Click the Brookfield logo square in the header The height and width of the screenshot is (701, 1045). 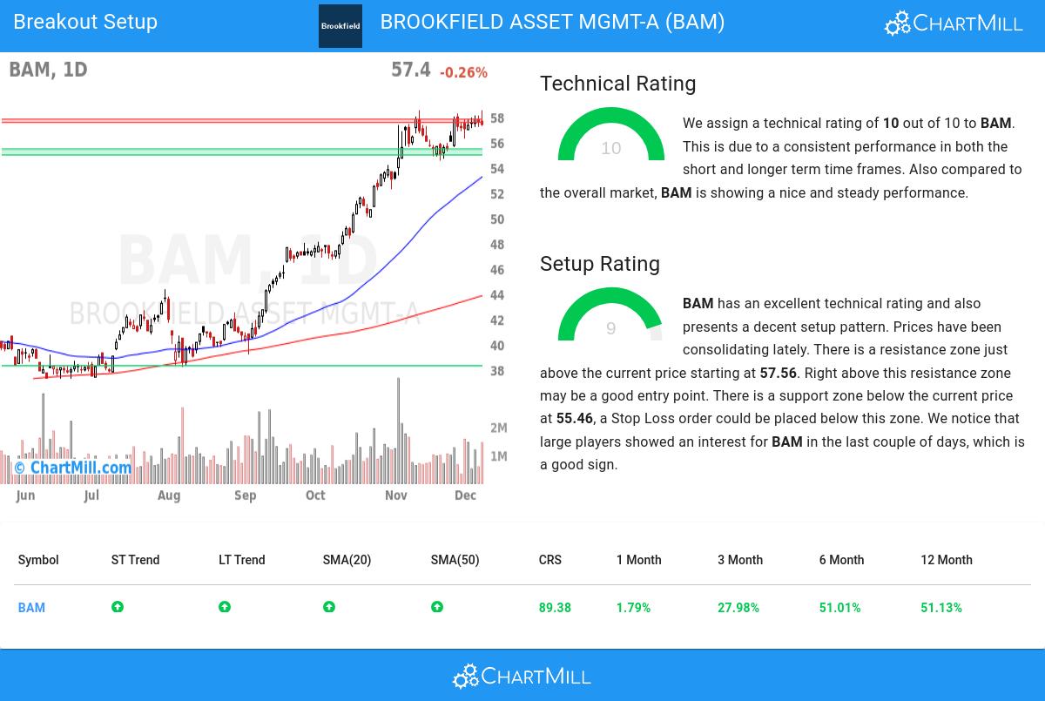[x=340, y=26]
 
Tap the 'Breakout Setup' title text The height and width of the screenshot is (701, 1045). [x=85, y=22]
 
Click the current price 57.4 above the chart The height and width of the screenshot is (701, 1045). [x=410, y=70]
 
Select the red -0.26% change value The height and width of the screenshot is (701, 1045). [x=463, y=73]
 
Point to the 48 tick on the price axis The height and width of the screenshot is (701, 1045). [x=497, y=245]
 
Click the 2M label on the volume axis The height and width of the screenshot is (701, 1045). [x=499, y=428]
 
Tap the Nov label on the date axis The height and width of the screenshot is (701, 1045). [x=396, y=495]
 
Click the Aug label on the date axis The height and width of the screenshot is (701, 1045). [x=169, y=495]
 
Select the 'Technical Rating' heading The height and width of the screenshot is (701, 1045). [x=617, y=84]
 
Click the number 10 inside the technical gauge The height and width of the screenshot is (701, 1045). [x=611, y=148]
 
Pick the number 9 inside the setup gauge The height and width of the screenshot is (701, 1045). [x=610, y=328]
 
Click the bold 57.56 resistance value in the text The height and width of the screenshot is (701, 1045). [x=778, y=373]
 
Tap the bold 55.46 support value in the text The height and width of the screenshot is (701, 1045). [x=575, y=419]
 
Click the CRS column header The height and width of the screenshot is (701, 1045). [x=549, y=560]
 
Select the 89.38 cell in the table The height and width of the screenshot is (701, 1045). [x=555, y=608]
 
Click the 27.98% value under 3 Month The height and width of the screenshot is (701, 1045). [x=738, y=608]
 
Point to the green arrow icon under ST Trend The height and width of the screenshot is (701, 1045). [x=118, y=607]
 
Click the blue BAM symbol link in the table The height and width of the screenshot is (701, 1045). [x=31, y=608]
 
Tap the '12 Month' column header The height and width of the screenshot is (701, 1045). [x=946, y=560]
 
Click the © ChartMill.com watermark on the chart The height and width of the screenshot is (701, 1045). [x=72, y=468]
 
